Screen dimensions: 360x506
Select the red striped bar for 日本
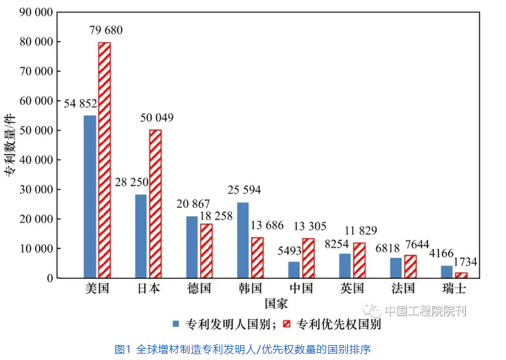(x=155, y=204)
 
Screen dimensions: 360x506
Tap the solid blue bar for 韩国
(x=243, y=240)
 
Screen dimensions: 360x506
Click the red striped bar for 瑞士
(x=461, y=276)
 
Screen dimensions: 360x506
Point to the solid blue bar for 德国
(x=192, y=247)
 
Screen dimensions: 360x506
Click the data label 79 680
(x=105, y=31)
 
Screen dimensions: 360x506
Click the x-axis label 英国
(x=352, y=288)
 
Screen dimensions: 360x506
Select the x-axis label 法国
(x=403, y=288)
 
